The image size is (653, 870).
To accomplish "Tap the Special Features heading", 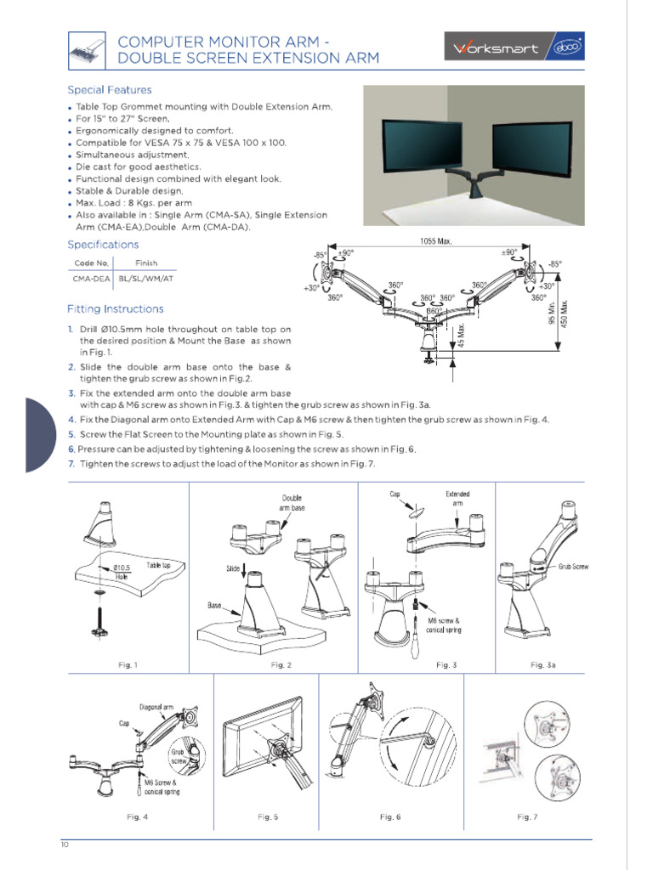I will (x=110, y=90).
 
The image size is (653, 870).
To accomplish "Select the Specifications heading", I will (x=103, y=245).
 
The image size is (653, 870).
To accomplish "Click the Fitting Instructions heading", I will (x=116, y=309).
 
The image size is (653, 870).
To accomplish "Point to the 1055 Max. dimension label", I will (x=435, y=241).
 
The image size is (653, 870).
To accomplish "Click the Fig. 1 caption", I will (x=128, y=664).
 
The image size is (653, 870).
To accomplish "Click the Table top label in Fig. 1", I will (x=159, y=565).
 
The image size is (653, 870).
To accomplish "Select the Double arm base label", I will (x=292, y=502).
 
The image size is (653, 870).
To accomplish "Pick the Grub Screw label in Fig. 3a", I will (x=573, y=566).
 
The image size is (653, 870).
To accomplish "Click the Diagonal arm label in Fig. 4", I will (x=157, y=707).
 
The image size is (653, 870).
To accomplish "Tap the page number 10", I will (x=65, y=845).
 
